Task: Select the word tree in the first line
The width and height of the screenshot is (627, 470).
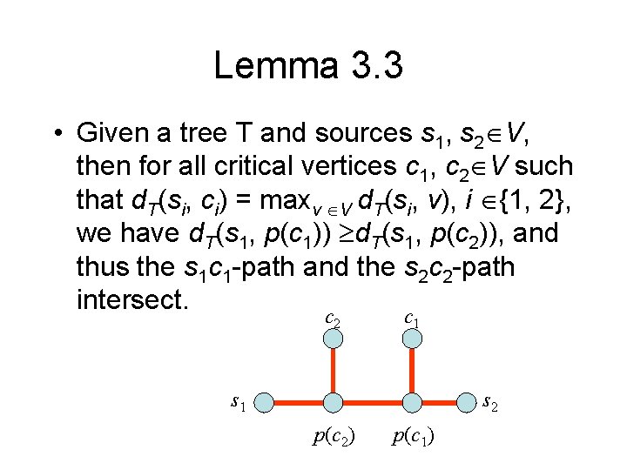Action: (203, 134)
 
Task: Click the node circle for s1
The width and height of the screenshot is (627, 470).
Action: (264, 402)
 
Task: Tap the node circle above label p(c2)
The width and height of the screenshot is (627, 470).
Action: (333, 402)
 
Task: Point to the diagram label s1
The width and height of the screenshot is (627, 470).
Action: (238, 402)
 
